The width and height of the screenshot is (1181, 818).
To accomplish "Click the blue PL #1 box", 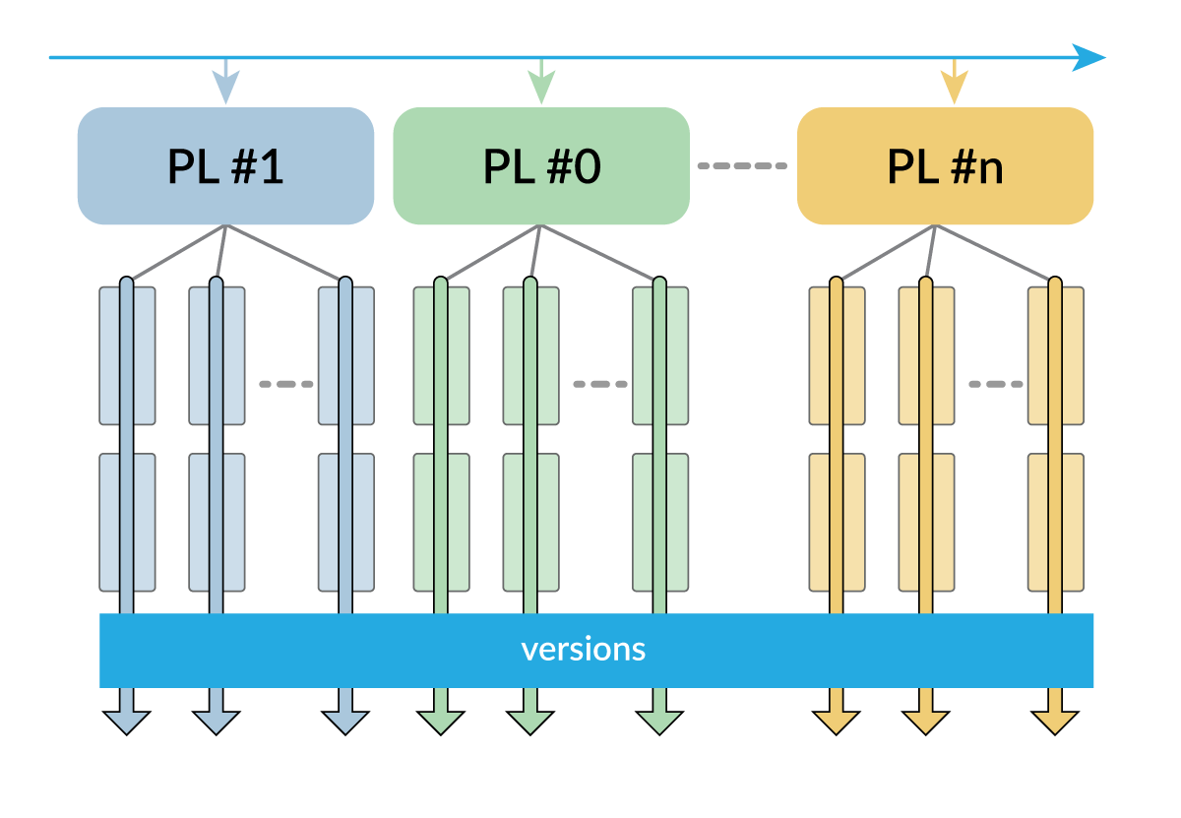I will pos(225,166).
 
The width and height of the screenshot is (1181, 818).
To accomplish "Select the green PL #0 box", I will pos(540,166).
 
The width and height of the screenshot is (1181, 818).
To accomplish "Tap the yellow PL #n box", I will pos(945,166).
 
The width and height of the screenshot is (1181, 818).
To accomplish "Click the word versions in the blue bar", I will pos(583,650).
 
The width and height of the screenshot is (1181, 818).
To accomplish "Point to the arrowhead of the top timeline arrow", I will pos(1090,57).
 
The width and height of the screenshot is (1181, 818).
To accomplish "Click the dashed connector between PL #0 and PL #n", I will pos(742,166).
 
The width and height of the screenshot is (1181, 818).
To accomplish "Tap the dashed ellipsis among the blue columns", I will pos(285,384).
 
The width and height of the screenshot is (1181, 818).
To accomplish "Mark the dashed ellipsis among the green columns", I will pos(599,384).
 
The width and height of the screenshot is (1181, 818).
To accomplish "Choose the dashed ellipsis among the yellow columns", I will pos(995,384).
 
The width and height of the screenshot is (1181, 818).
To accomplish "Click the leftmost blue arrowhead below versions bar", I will pos(126,722).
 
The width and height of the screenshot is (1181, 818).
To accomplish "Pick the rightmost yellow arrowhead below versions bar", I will pos(1055,722).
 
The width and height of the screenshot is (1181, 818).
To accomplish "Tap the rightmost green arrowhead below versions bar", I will pos(659,722).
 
